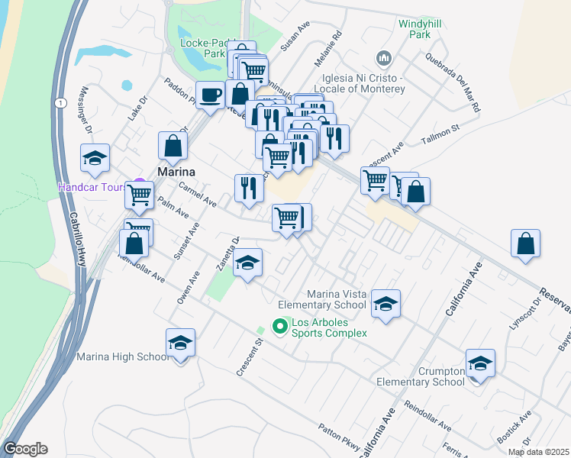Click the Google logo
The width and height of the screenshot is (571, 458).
[x=25, y=449]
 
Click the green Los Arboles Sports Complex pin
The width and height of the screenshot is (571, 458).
[x=279, y=327]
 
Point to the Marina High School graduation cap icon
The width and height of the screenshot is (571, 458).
[x=180, y=342]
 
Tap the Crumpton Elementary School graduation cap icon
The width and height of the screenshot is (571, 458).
[x=480, y=363]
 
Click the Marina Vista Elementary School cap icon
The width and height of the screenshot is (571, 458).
[x=386, y=305]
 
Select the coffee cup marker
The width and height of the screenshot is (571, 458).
[x=210, y=95]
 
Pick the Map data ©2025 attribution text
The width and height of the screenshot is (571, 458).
[x=537, y=452]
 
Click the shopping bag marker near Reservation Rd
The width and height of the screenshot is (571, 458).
[x=526, y=244]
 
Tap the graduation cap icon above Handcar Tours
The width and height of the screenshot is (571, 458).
[x=95, y=158]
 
